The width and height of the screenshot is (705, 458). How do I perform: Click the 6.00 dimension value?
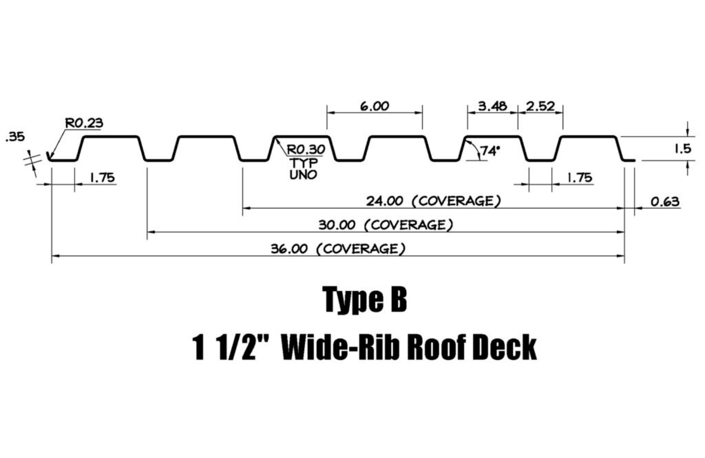click(x=375, y=107)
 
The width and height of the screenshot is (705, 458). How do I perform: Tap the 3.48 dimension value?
click(x=492, y=107)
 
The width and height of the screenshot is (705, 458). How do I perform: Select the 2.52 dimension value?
click(x=540, y=107)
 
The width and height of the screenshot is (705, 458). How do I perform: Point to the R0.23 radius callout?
click(x=84, y=124)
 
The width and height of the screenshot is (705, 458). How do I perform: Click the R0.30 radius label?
click(x=306, y=150)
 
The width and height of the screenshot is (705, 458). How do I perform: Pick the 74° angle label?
click(x=490, y=151)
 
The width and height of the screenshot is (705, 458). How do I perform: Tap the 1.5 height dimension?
click(x=682, y=149)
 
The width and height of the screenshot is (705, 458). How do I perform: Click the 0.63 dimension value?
click(x=665, y=202)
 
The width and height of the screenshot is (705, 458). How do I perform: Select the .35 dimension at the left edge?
click(x=15, y=137)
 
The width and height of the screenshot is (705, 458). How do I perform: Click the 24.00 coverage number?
click(x=384, y=202)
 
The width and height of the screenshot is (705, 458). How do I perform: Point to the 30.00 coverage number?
click(x=337, y=225)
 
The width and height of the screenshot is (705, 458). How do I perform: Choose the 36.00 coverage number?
click(x=289, y=249)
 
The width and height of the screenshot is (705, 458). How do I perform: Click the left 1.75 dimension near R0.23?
click(x=102, y=178)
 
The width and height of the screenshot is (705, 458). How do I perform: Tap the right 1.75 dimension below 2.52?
click(x=580, y=178)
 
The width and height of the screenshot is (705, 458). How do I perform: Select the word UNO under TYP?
click(x=303, y=175)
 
